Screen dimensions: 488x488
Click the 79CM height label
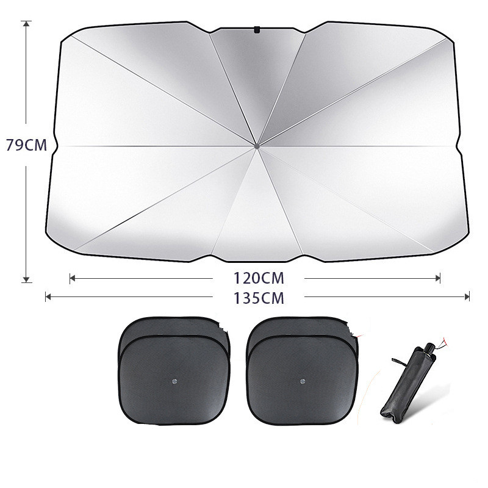pyautogui.click(x=26, y=145)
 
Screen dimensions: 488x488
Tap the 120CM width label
pyautogui.click(x=259, y=278)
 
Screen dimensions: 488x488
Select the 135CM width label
pyautogui.click(x=259, y=298)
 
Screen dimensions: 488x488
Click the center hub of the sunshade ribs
pyautogui.click(x=257, y=146)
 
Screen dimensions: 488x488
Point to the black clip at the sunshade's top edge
pyautogui.click(x=257, y=29)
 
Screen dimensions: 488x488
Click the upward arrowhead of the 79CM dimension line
pyautogui.click(x=26, y=24)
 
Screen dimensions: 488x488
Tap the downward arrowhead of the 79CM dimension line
pyautogui.click(x=26, y=279)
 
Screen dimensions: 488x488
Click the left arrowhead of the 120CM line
pyautogui.click(x=73, y=278)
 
